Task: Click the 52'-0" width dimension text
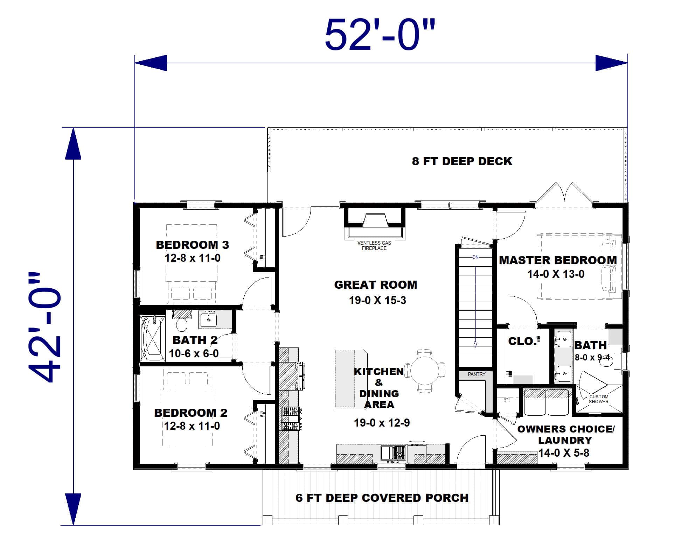[380, 35]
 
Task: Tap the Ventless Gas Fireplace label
[374, 245]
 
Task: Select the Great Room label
[376, 285]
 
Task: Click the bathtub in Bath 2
[152, 339]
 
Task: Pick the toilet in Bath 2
[181, 324]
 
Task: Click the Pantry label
[477, 374]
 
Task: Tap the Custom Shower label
[598, 399]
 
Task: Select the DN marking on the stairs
[475, 257]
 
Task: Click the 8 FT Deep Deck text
[462, 161]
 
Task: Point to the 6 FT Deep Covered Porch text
[382, 498]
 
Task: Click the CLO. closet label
[522, 341]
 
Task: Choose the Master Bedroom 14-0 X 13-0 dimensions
[556, 274]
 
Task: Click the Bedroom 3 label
[192, 245]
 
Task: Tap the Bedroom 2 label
[190, 413]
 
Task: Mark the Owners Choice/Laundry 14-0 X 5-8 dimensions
[564, 453]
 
